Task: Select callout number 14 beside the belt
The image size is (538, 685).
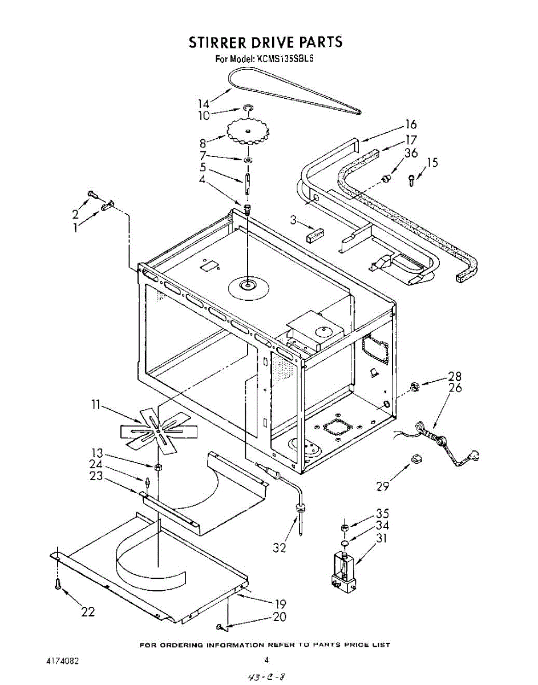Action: coord(204,103)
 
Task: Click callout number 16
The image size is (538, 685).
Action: coord(411,124)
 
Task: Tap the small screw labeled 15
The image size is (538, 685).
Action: coord(412,179)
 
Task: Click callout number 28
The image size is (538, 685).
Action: coord(454,376)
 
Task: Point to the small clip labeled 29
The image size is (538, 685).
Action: coord(415,458)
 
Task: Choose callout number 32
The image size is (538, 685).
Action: coord(279,547)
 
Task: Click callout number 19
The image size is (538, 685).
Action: coord(280,603)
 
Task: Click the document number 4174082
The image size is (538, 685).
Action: coord(62,661)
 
